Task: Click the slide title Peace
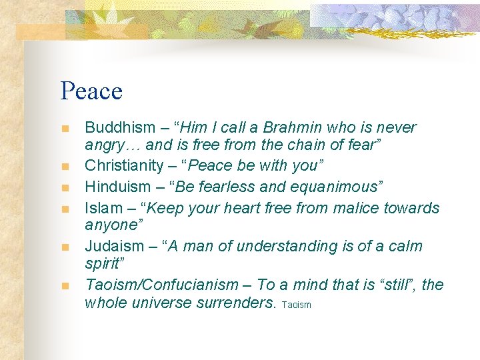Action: coord(91,91)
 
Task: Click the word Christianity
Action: coord(123,165)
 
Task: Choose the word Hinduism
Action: coord(113,187)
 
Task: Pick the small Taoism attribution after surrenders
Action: coord(297,305)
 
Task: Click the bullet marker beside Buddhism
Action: coord(65,129)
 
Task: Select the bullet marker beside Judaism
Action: coord(65,247)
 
